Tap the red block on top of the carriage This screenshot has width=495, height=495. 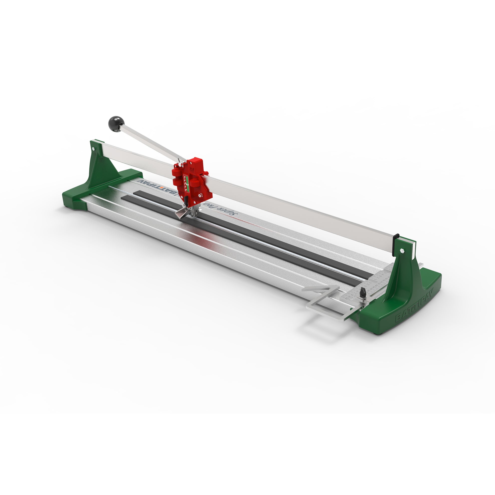pos(198,162)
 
